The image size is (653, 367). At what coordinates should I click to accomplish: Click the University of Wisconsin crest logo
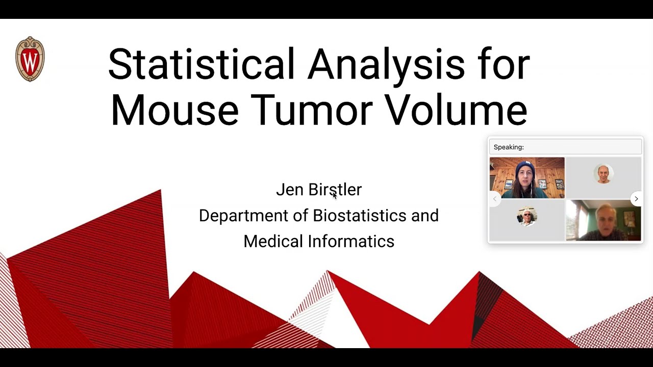click(30, 59)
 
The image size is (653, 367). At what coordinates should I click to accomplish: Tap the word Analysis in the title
click(386, 65)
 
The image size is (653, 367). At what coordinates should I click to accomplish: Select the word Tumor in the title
click(311, 110)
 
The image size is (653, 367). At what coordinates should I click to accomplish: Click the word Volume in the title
click(456, 110)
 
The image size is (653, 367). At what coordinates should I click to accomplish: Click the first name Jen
click(290, 190)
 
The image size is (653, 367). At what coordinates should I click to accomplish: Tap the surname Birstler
click(335, 190)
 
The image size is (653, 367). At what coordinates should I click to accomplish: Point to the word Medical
click(273, 241)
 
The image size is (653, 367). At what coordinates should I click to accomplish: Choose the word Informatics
click(350, 241)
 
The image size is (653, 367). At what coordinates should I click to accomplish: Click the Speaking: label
click(509, 147)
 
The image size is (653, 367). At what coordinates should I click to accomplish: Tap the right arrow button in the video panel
click(636, 199)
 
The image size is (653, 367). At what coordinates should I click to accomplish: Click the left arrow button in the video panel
click(494, 199)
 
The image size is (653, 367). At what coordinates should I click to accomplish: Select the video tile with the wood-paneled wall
click(527, 177)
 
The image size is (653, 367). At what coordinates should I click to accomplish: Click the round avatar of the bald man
click(604, 174)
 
